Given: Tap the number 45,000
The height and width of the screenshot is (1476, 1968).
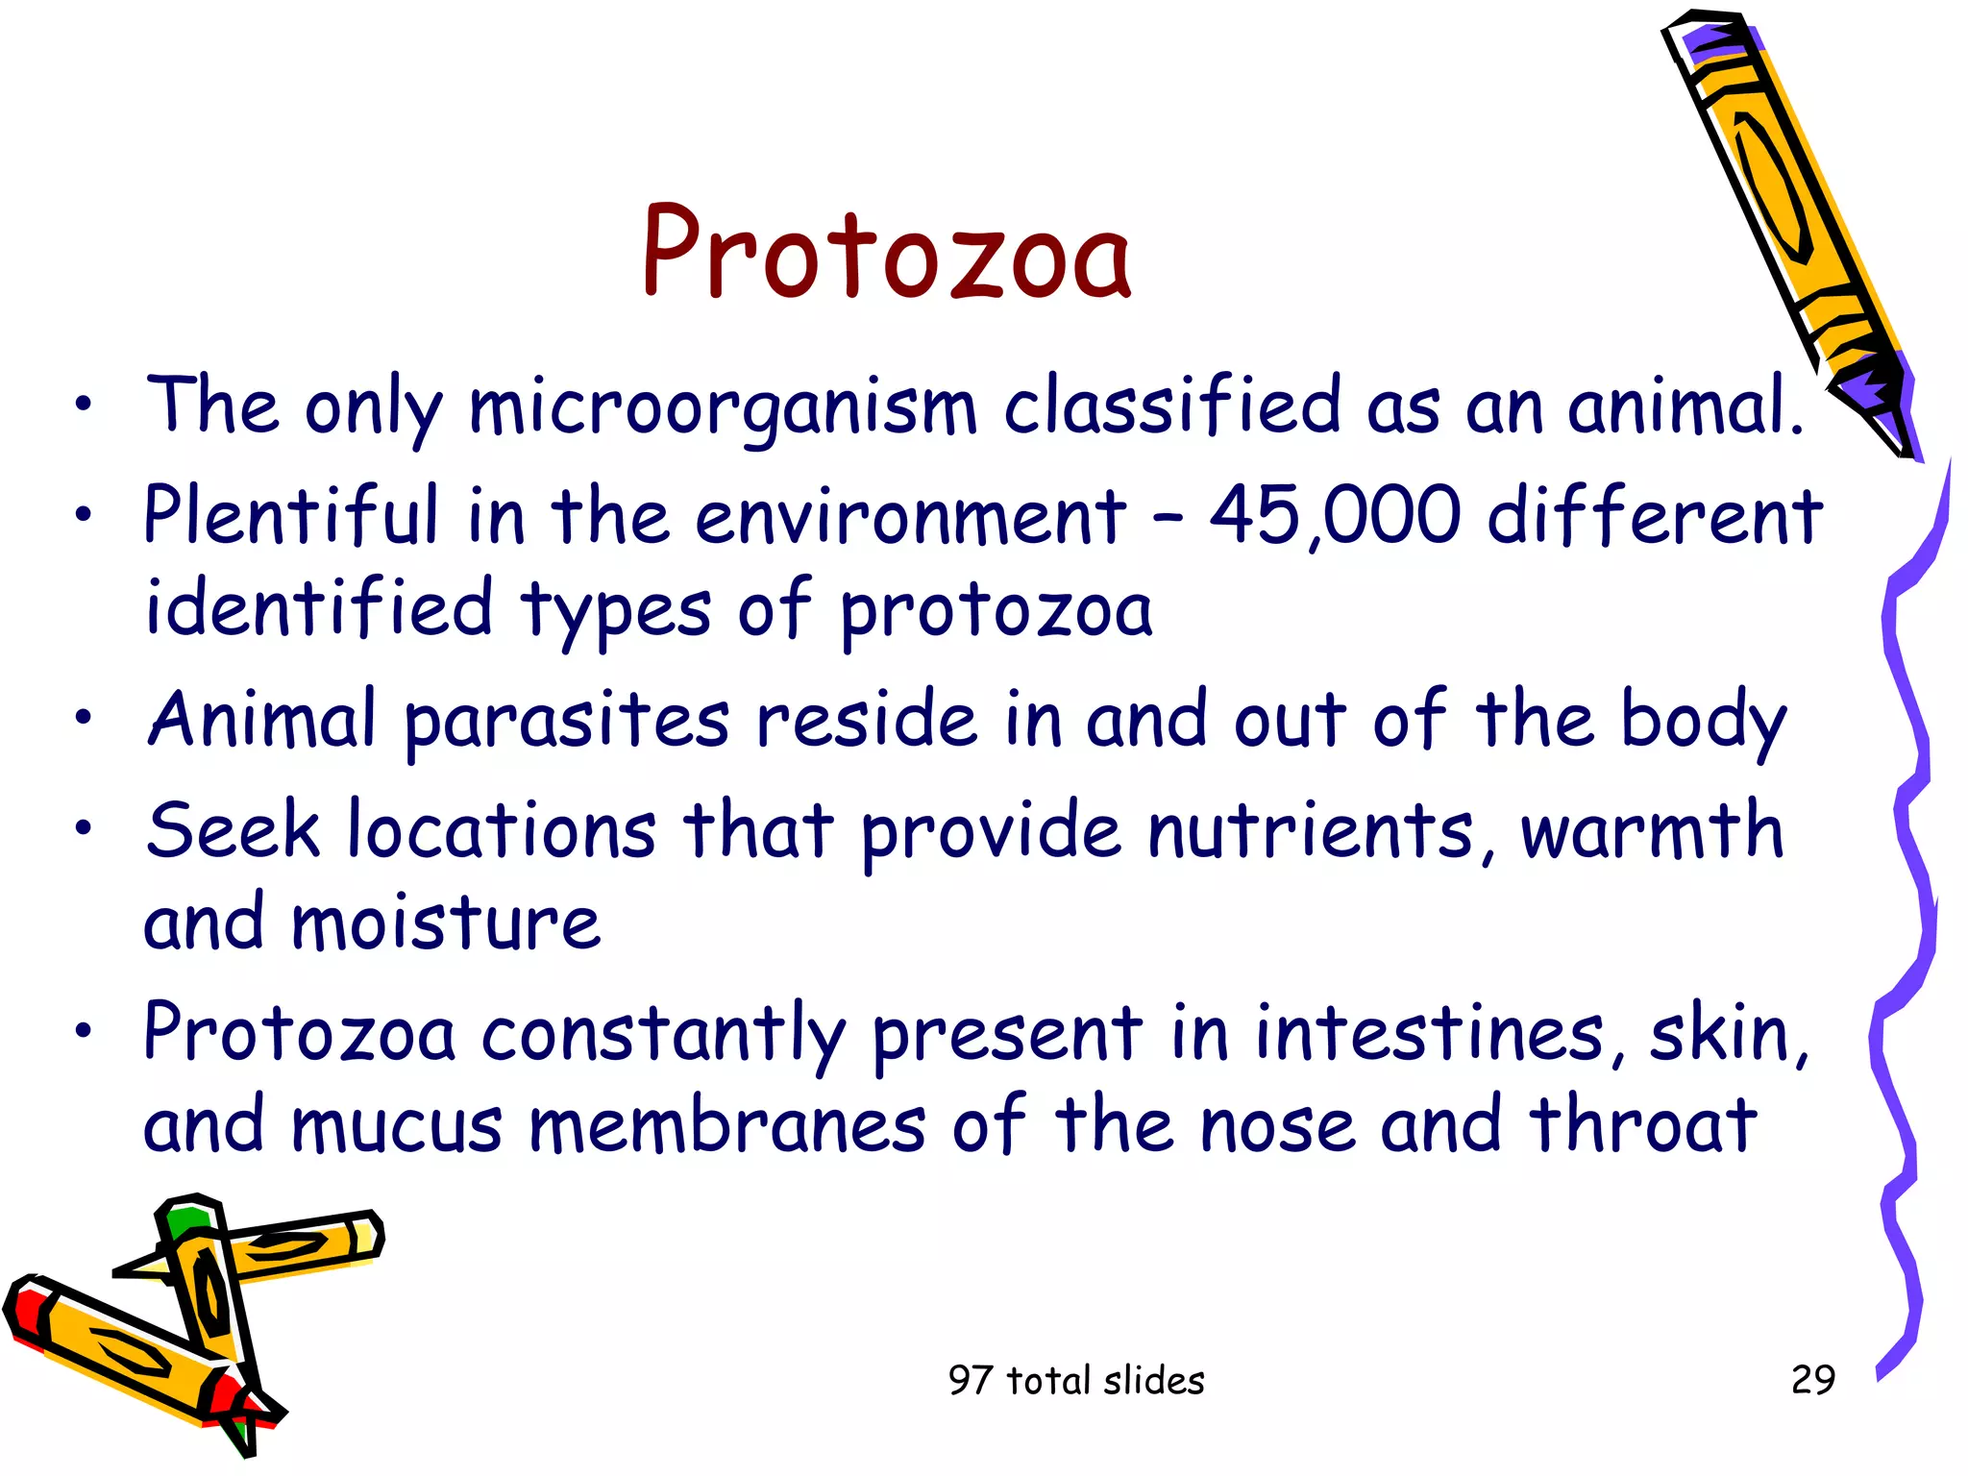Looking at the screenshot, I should click(x=1335, y=516).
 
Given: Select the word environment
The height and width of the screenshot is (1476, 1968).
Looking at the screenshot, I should click(x=910, y=516).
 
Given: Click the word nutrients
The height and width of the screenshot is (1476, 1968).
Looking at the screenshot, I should click(x=1312, y=831).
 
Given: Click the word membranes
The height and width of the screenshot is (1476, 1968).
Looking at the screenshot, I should click(x=727, y=1126).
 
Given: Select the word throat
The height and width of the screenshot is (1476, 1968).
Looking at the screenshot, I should click(x=1644, y=1126).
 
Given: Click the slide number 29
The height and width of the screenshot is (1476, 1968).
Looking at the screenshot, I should click(x=1812, y=1380).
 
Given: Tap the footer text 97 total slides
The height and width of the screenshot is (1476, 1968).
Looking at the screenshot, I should click(x=1075, y=1381).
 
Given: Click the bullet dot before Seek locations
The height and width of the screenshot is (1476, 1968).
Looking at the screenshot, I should click(x=85, y=827).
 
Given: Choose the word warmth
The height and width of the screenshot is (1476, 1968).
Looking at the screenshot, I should click(x=1651, y=831).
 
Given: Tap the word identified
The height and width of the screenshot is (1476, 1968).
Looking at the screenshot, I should click(x=318, y=607).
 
